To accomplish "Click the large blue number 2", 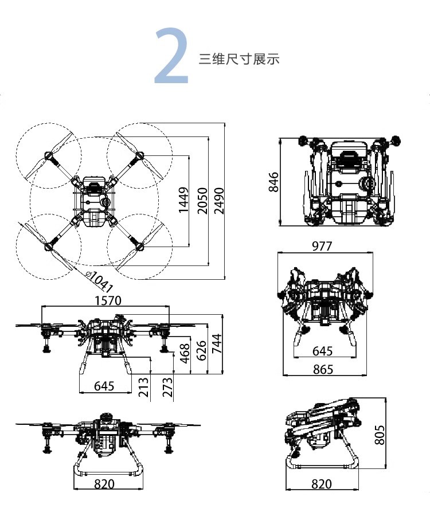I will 172,56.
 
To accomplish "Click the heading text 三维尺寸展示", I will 239,59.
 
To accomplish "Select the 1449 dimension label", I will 183,200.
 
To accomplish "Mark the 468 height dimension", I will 184,354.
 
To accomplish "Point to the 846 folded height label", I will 274,182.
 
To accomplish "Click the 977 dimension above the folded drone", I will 322,247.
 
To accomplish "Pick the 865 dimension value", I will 323,370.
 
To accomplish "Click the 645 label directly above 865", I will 323,351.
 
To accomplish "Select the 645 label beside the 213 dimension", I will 104,386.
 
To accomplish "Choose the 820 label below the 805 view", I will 321,484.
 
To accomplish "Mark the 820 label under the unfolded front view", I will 104,484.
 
